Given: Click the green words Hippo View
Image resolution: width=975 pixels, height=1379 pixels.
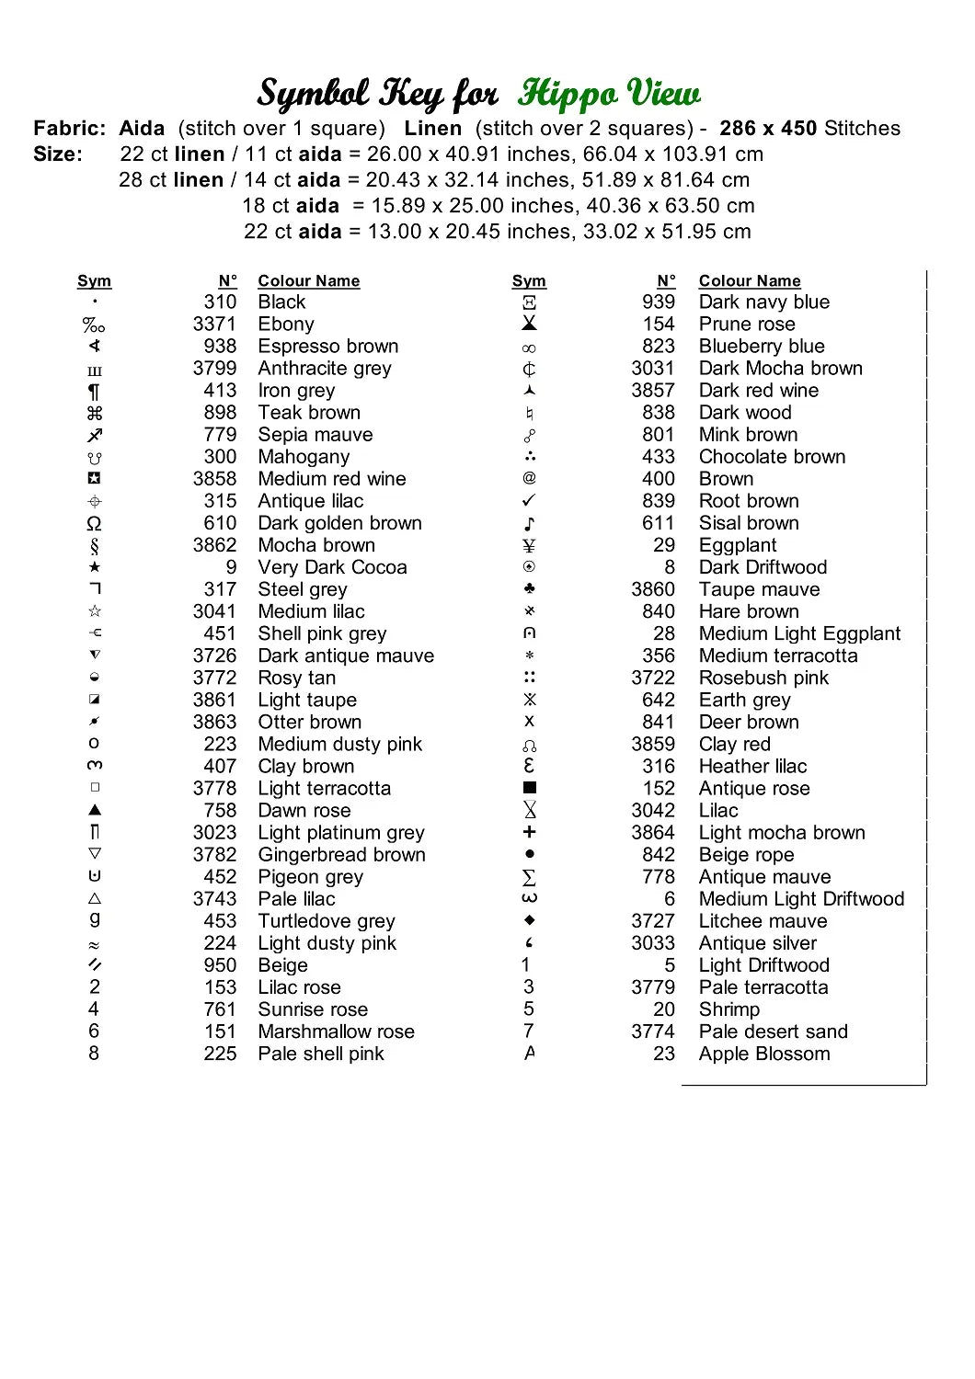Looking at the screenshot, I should coord(608,94).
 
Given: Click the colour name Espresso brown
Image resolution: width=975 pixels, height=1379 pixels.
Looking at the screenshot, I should coord(327,347).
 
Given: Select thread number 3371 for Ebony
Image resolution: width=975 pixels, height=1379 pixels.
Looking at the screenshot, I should coord(214,325).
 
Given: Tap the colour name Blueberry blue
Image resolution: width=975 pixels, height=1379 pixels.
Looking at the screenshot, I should coord(761,347).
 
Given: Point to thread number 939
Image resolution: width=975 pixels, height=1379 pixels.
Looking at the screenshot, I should coord(659,302).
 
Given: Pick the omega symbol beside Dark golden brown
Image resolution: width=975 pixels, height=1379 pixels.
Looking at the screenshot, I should coord(94,524).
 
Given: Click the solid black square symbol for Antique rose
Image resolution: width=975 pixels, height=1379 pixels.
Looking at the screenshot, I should coord(529,788).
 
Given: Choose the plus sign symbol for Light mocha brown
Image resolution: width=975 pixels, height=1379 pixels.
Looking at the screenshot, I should coord(529,832).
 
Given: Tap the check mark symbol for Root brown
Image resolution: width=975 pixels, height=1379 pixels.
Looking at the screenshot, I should coord(529,501).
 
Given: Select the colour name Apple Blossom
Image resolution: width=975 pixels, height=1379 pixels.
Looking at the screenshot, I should coord(763,1054).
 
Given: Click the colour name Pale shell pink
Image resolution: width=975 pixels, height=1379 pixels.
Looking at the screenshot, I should coord(320,1054).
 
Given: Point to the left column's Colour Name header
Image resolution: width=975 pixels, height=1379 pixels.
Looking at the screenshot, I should coord(308,281).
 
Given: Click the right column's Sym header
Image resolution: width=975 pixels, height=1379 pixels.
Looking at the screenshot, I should coord(529,281).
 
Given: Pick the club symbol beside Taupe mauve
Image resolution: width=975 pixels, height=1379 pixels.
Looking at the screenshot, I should coord(529,589).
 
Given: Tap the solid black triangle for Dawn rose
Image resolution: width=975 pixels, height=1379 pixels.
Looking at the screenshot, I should coord(95,810).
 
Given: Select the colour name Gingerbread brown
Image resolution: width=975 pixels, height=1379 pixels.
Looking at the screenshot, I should coord(341,855).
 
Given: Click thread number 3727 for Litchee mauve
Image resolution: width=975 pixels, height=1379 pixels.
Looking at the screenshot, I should coord(652,921).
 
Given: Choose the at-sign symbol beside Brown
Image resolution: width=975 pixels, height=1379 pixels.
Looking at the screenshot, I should coord(529,478).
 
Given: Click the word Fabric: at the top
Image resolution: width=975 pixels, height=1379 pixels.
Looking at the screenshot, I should coord(70,129).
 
